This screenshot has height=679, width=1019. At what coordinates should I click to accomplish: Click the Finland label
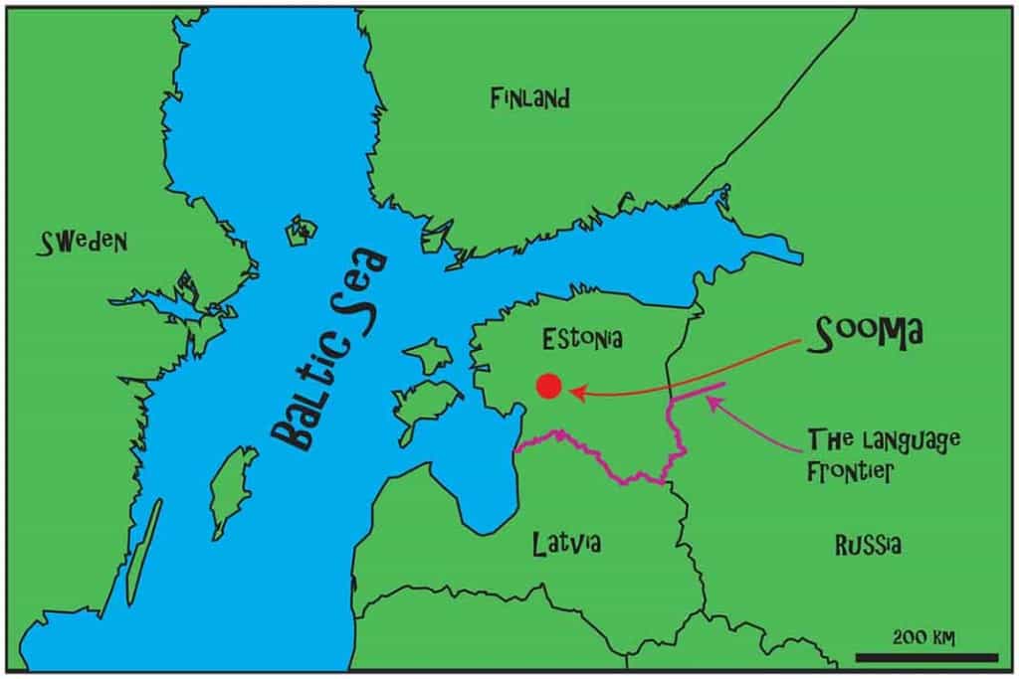coord(529,98)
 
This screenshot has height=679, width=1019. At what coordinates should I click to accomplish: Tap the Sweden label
coord(84,241)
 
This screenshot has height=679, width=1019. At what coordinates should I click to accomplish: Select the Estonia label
coord(582,339)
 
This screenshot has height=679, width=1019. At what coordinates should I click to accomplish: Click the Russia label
coord(868,544)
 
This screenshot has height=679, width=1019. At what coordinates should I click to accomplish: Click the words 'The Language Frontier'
coord(869,454)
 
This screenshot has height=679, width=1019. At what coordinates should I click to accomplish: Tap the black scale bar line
coord(925,657)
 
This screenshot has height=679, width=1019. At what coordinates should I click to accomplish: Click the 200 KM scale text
coord(924,636)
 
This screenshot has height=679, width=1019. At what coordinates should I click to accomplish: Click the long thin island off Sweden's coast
coord(143,552)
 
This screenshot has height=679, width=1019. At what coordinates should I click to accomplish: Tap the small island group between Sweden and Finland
coord(302,232)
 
